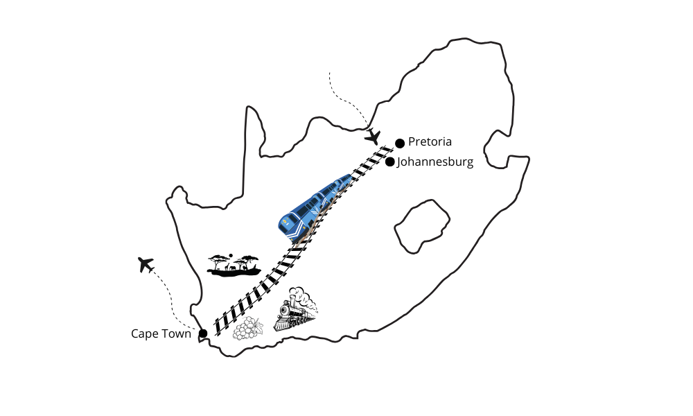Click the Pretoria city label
tap(430, 142)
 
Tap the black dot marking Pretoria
tap(400, 144)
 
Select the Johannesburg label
tap(435, 162)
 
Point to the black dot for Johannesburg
tap(389, 162)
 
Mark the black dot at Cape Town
tap(203, 333)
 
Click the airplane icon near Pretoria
tap(373, 137)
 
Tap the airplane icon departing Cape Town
tap(146, 264)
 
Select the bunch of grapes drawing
tap(247, 329)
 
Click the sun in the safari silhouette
tap(230, 255)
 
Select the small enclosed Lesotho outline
tap(422, 226)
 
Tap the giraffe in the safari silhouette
tap(228, 267)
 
